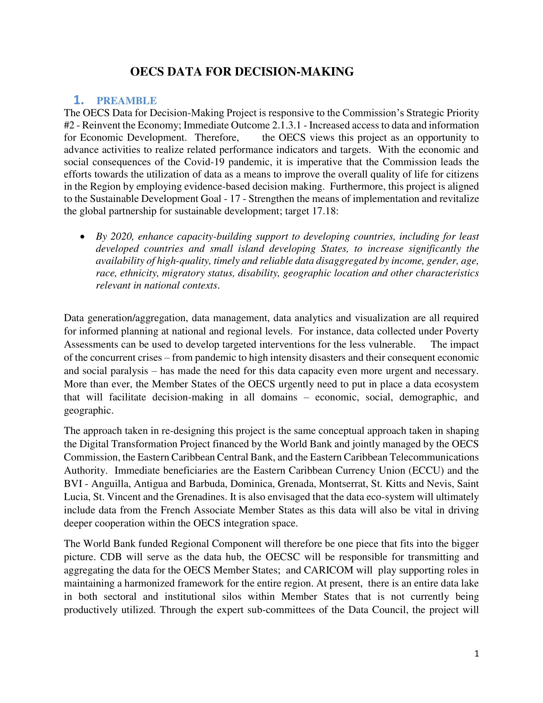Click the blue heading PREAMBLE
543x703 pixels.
click(x=126, y=101)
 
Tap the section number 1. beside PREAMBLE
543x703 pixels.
click(x=79, y=100)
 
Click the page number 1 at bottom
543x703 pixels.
click(x=477, y=653)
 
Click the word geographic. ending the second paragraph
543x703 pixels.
click(x=88, y=411)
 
